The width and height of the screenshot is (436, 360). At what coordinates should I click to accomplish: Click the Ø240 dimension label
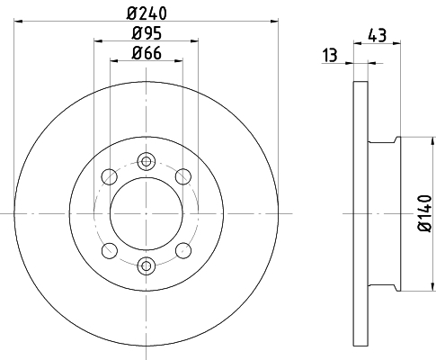point(147,13)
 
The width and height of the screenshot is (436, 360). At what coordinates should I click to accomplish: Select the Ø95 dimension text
point(147,33)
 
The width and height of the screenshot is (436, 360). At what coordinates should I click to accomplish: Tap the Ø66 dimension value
point(147,53)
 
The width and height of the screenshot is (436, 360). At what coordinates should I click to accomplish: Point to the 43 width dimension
point(378,35)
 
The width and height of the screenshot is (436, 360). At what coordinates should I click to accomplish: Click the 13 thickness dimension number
point(330,55)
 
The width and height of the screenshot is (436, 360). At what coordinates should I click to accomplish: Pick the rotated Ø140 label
point(425,213)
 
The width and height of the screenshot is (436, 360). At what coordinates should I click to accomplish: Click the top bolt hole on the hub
point(147,162)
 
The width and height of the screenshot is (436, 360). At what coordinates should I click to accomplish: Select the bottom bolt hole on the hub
point(147,265)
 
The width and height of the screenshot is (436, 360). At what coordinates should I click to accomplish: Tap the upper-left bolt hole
point(110,176)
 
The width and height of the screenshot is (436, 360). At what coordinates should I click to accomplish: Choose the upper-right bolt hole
point(183,176)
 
